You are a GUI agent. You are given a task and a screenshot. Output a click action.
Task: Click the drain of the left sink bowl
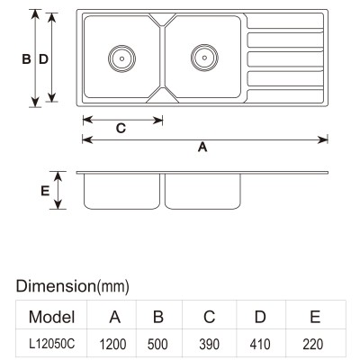[121, 58]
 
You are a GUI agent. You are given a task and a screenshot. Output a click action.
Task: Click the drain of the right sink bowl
[204, 58]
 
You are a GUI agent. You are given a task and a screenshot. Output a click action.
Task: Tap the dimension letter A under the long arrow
[202, 148]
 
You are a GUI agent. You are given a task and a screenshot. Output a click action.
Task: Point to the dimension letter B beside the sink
[26, 59]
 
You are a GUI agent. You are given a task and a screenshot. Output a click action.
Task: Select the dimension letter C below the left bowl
[121, 129]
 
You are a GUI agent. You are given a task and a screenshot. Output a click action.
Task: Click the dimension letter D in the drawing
[43, 59]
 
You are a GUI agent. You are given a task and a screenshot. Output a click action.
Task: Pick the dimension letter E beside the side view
[45, 191]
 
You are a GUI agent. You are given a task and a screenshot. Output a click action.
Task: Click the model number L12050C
[51, 344]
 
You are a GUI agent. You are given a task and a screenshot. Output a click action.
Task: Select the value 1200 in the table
[113, 345]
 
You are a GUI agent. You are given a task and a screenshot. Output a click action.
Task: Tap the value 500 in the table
[157, 345]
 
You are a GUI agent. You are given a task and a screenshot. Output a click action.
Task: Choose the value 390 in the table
[209, 345]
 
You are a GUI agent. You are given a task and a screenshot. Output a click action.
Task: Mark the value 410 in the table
[260, 345]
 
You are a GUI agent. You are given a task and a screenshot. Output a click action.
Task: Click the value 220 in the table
[313, 345]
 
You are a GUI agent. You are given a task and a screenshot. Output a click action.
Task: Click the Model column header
[51, 317]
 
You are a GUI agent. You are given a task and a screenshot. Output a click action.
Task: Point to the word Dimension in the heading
[56, 286]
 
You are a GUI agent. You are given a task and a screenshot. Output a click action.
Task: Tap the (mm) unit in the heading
[113, 287]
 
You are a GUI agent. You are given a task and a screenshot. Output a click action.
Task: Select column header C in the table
[209, 317]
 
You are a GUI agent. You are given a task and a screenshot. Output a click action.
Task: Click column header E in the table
[315, 317]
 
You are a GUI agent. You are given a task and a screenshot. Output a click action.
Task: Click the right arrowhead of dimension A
[323, 139]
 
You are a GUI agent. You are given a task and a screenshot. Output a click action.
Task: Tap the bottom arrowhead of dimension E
[58, 204]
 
